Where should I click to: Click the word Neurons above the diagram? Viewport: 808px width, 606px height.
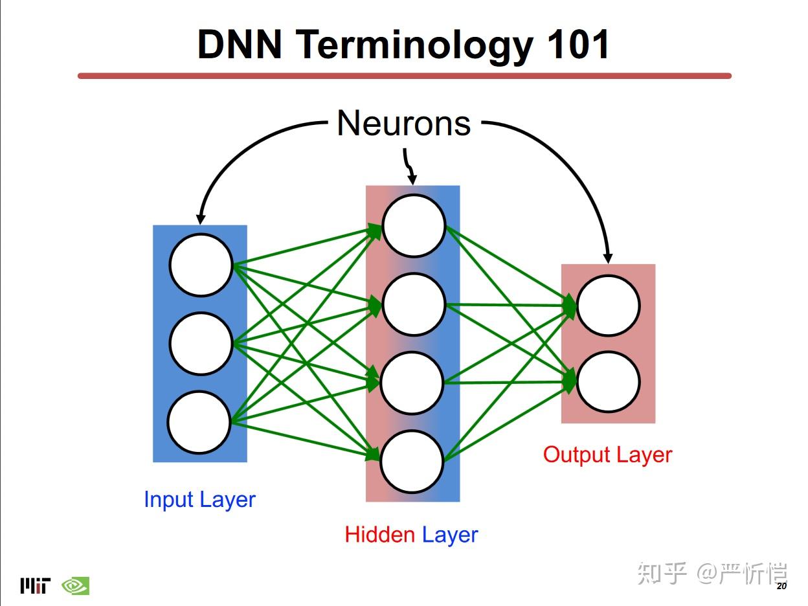[403, 123]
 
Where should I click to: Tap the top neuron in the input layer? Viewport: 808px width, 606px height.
[201, 265]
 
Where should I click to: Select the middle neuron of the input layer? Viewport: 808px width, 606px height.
[201, 344]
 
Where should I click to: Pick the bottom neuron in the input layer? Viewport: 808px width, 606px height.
[199, 422]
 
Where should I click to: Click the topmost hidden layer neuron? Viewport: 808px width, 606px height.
[414, 226]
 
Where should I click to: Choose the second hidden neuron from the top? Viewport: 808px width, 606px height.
[414, 304]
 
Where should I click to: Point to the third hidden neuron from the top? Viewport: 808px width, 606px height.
[412, 383]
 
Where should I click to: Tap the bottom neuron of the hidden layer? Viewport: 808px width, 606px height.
[412, 462]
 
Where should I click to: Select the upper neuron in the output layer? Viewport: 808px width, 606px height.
[608, 306]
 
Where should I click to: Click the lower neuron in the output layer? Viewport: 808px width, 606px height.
[608, 382]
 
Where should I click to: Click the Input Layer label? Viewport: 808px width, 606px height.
[199, 500]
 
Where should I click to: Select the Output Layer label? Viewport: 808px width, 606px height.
[607, 454]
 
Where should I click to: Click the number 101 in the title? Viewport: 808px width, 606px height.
[578, 45]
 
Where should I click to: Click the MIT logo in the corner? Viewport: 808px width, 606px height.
[34, 586]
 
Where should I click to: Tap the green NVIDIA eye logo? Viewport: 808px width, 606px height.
[75, 586]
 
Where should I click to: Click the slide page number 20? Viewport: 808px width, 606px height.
[781, 587]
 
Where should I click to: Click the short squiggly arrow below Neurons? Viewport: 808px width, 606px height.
[409, 167]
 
